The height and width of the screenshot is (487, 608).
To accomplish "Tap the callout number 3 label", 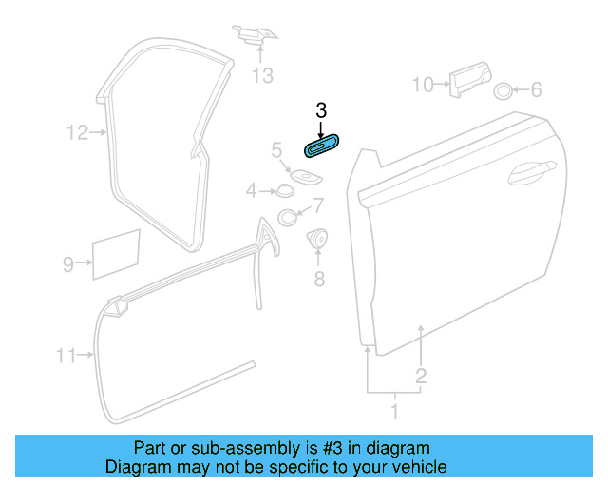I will (321, 109).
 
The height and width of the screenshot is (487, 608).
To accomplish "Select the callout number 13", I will (262, 75).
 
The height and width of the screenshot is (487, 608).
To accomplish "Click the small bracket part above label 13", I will (256, 36).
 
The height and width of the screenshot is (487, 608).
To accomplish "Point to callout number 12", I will (77, 133).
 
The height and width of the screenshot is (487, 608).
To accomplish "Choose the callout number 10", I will (422, 86).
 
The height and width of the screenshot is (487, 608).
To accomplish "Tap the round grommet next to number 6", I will (503, 91).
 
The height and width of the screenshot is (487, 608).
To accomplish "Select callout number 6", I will (536, 90).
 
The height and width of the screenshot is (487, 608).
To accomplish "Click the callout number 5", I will (276, 150).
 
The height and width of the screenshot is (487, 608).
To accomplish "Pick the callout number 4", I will (252, 191).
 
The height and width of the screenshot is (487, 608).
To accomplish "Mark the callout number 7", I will (318, 205).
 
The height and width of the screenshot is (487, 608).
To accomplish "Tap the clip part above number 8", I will (319, 239).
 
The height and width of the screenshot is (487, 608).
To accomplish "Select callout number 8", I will (319, 279).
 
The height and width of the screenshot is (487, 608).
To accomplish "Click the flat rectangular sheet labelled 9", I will (115, 253).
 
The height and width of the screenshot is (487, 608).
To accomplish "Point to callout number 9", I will (68, 265).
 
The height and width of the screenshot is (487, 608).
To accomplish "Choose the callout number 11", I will (66, 357).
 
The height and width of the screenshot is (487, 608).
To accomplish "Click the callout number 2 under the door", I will (421, 376).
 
